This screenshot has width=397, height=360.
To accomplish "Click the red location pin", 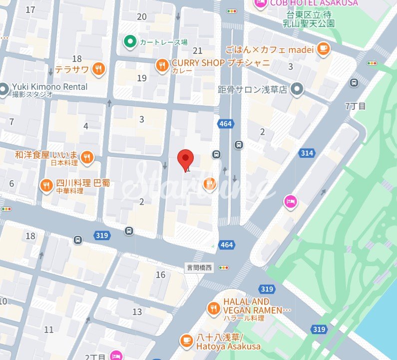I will (x=186, y=159).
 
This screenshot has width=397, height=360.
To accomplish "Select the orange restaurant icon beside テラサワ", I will (x=98, y=69).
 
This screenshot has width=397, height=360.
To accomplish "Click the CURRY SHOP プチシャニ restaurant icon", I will (x=161, y=65).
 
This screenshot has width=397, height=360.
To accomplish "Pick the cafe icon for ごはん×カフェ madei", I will (x=324, y=48).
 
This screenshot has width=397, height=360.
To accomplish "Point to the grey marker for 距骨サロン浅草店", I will (x=298, y=89).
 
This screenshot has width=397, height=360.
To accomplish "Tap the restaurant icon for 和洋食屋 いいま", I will (x=87, y=158).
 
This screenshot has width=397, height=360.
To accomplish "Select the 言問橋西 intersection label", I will (x=199, y=268).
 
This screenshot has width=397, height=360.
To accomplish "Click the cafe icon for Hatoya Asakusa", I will (x=186, y=341).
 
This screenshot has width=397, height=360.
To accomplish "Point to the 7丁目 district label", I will (x=355, y=106).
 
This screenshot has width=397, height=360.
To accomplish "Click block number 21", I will (x=197, y=51).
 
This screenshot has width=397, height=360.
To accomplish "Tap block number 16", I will (x=160, y=275).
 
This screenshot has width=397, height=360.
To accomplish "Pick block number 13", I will (x=137, y=312).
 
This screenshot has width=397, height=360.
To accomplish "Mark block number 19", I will (x=141, y=78).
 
